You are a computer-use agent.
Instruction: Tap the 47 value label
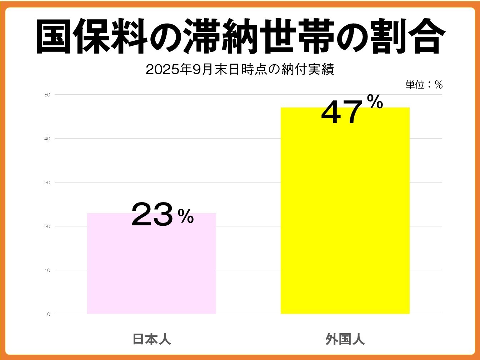point(341,112)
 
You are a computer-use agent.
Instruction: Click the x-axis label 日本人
point(151,339)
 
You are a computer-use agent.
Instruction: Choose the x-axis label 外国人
point(345,339)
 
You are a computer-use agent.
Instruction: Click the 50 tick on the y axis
point(47,95)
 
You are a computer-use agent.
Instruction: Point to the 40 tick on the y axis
point(47,139)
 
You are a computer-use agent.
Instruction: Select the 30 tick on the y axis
point(47,182)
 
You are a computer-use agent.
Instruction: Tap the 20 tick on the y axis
point(47,226)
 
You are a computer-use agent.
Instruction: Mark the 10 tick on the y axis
point(47,270)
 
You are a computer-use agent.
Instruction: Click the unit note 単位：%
point(424,85)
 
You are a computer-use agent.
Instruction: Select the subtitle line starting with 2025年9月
point(240,70)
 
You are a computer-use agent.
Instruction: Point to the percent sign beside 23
point(186,216)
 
